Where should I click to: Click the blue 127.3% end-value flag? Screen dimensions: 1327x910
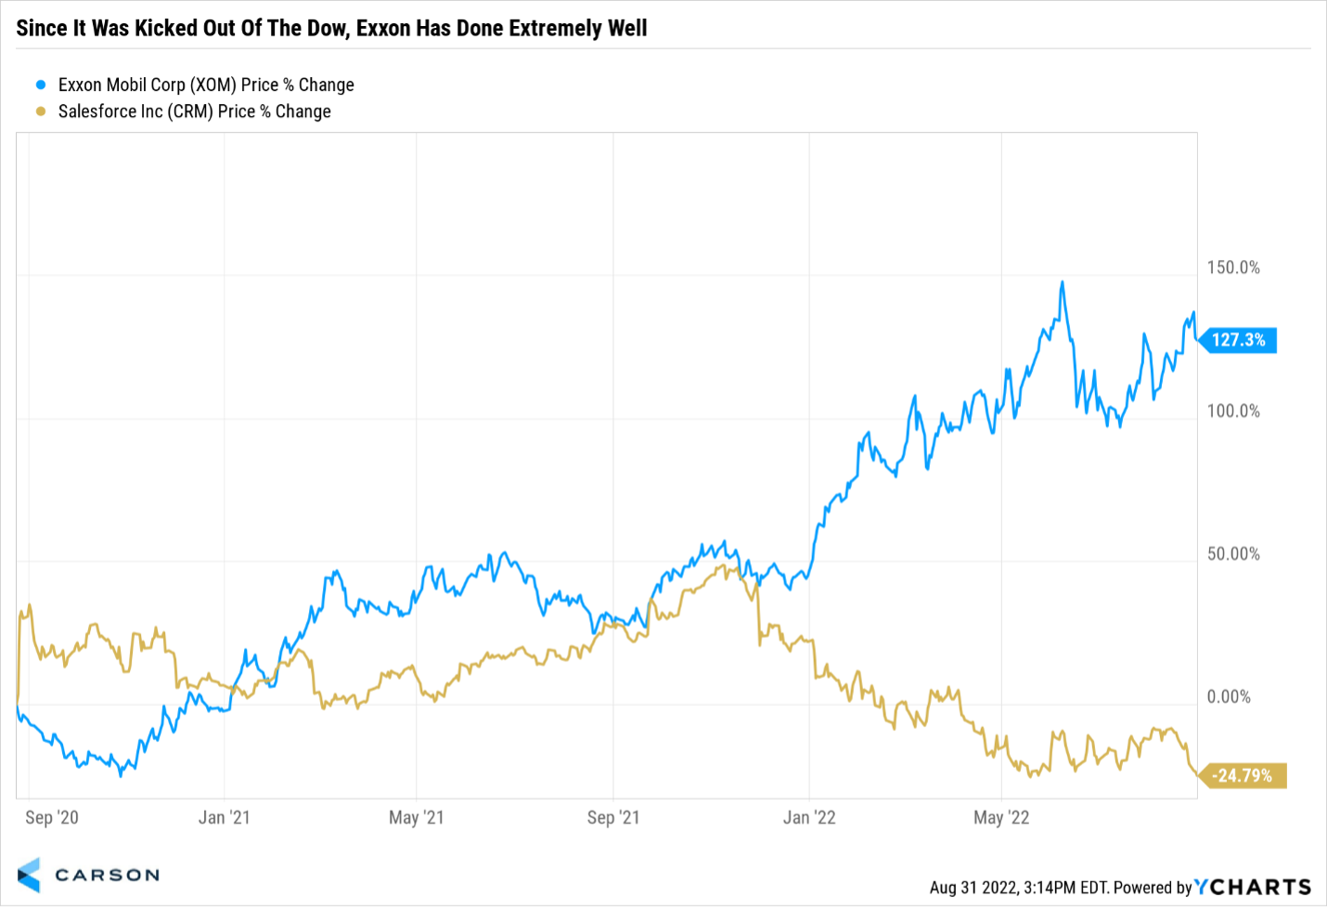1238,340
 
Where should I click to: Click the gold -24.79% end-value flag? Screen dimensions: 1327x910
1243,775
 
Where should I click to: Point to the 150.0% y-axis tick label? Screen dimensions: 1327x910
1233,267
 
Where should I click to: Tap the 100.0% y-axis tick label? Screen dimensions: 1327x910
1233,410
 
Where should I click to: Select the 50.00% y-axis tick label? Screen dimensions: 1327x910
1233,553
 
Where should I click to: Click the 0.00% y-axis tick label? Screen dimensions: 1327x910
1229,696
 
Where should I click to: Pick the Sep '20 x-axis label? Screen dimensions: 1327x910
52,817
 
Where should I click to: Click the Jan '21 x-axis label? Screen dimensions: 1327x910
224,817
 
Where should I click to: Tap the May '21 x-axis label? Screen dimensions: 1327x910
416,817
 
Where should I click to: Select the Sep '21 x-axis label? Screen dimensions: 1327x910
613,817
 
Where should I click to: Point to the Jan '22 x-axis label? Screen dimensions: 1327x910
809,817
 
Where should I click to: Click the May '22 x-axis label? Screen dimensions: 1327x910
1001,817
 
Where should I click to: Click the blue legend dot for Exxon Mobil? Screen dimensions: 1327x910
41,84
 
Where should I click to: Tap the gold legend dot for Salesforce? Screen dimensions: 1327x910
41,110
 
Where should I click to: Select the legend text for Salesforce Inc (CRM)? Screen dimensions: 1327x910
194,111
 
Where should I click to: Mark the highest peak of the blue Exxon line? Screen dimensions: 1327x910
1063,282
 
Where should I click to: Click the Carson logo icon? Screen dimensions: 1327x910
29,875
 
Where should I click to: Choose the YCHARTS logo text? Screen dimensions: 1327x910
1253,887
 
